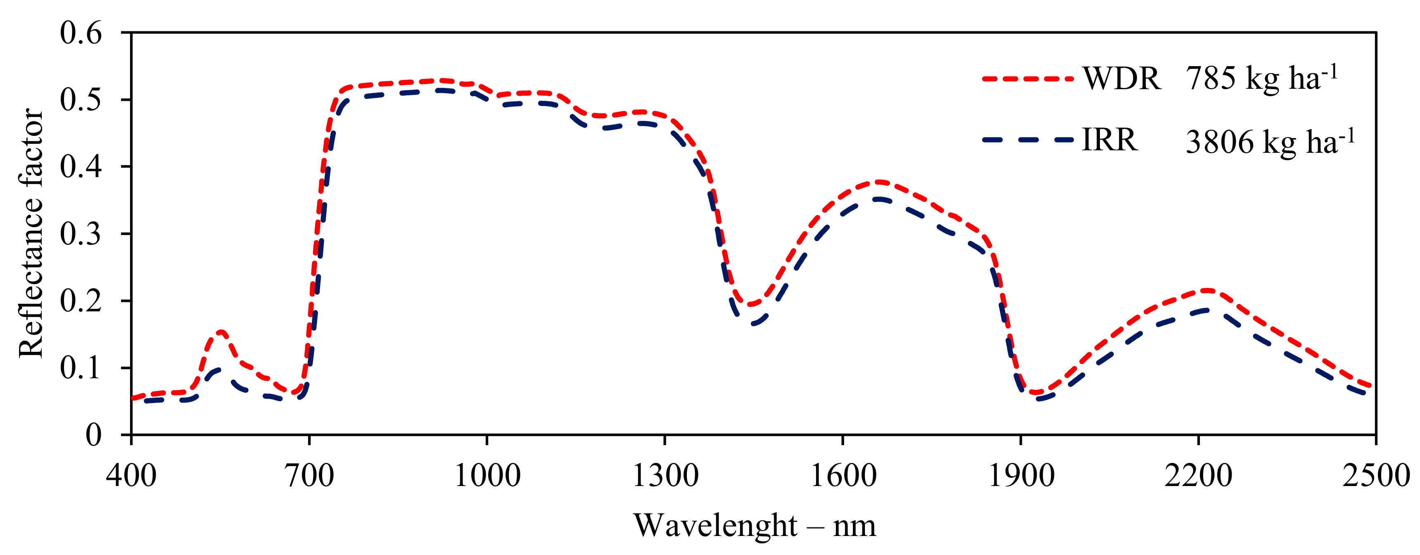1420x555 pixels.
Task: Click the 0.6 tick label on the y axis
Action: point(81,33)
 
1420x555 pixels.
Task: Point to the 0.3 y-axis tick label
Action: point(81,234)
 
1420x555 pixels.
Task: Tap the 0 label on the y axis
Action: point(93,435)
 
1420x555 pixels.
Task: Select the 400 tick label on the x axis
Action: point(131,475)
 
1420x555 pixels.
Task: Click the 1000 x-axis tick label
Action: point(487,475)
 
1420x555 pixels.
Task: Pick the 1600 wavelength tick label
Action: point(843,475)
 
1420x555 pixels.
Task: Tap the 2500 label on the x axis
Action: point(1375,475)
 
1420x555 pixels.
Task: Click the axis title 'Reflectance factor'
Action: point(31,234)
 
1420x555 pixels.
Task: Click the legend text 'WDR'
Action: point(1122,79)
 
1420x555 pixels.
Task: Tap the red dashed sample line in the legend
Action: point(1028,79)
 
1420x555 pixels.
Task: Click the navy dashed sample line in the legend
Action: point(1028,140)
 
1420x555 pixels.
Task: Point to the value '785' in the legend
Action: point(1211,79)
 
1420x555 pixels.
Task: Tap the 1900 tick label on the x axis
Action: point(1021,475)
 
